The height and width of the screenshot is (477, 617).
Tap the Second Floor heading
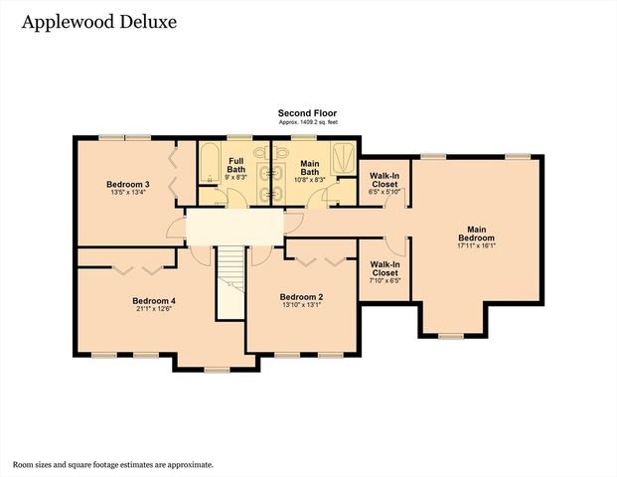308,113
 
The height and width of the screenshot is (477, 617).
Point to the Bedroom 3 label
127,184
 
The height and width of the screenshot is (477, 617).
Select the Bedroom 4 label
154,301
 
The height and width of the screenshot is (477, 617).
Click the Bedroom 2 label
301,297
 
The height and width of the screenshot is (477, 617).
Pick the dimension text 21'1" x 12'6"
154,309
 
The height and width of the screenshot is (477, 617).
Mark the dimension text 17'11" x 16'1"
476,245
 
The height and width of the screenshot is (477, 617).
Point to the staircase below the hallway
231,282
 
